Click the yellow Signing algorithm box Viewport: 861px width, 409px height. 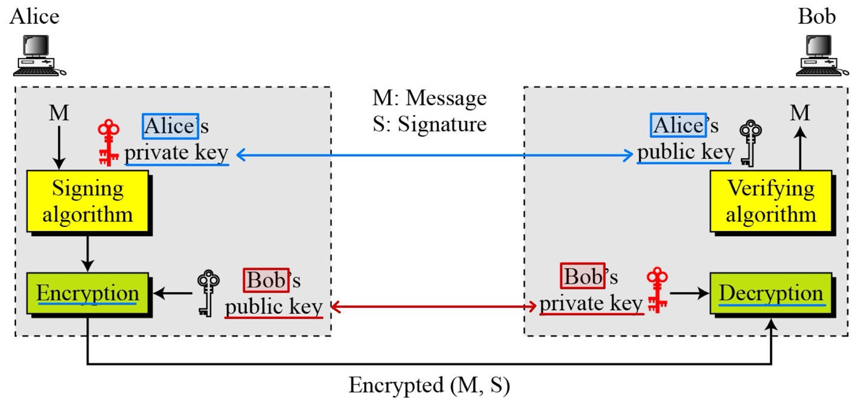point(87,201)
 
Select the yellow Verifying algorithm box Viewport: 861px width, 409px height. point(770,201)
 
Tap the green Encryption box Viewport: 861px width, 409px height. point(87,294)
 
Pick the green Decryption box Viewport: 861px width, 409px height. point(770,294)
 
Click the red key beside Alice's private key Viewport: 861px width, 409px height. point(109,143)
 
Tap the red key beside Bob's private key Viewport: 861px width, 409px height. point(657,290)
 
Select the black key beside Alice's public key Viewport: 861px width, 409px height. point(749,144)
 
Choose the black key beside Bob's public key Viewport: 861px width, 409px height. point(207,293)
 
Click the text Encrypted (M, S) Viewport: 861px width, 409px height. point(429,386)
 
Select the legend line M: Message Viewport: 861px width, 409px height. point(429,98)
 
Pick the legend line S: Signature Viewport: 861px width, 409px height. point(429,124)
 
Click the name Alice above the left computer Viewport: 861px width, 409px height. point(34,16)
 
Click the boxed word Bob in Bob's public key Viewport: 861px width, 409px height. point(266,280)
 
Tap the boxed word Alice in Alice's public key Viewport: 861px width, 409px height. point(678,125)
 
